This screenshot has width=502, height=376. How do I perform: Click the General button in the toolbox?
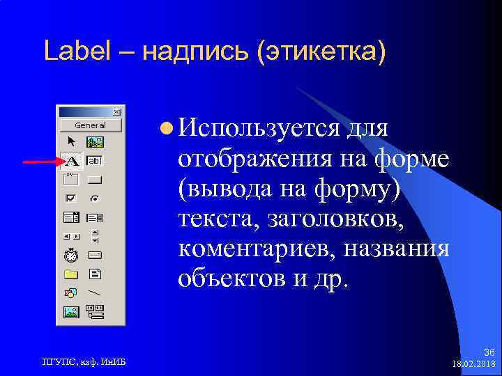(x=90, y=125)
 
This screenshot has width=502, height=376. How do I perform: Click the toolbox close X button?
(x=116, y=111)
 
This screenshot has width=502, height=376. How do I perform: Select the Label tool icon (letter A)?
(x=71, y=162)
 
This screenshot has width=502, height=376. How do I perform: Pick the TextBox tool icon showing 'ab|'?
(x=94, y=161)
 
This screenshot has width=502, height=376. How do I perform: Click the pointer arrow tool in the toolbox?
(x=71, y=142)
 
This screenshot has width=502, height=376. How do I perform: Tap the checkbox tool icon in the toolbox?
(x=71, y=198)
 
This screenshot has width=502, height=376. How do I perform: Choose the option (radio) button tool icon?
(x=95, y=198)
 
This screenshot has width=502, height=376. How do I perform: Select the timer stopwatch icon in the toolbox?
(x=71, y=255)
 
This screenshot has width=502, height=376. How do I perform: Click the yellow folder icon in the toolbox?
(x=71, y=274)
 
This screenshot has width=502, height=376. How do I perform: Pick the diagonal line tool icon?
(x=95, y=292)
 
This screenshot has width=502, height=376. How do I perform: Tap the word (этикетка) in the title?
(x=321, y=50)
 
